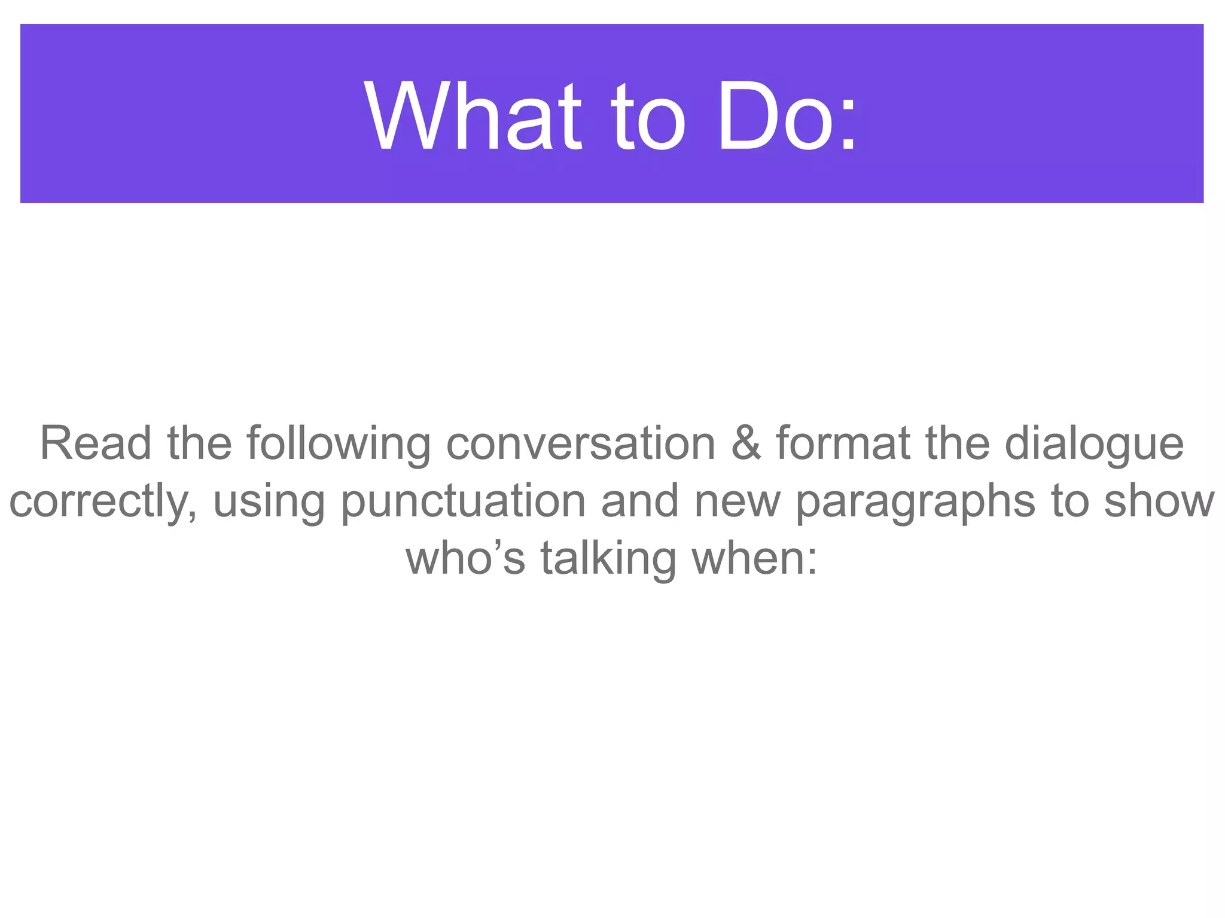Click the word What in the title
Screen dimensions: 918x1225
(473, 117)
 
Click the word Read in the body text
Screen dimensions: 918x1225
(96, 443)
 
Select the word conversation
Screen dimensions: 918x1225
(581, 443)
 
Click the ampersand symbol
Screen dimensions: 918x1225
(746, 443)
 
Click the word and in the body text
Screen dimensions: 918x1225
(639, 501)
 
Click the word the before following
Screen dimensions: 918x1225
(199, 443)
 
